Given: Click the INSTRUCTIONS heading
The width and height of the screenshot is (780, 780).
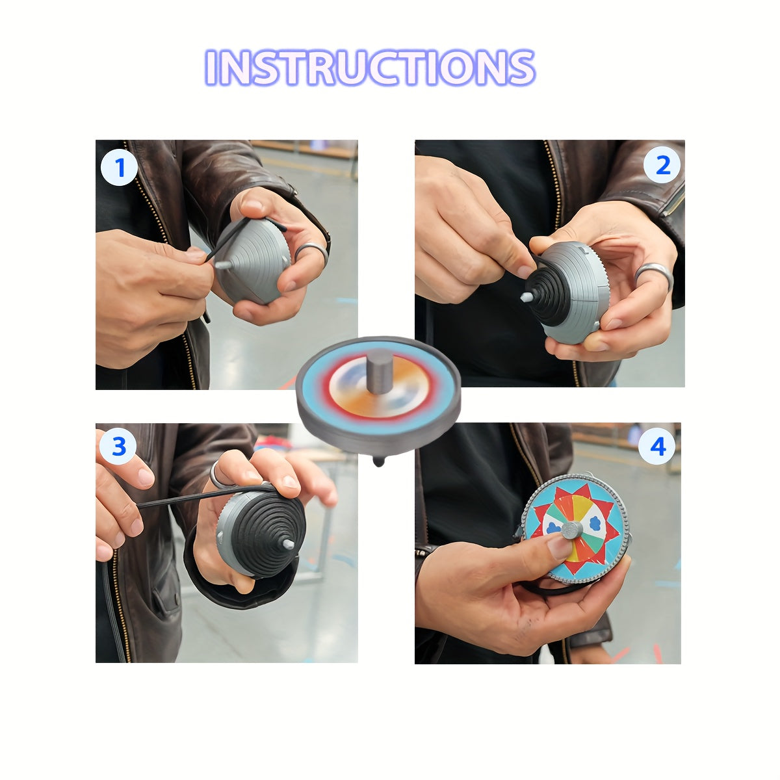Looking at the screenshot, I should (x=370, y=67).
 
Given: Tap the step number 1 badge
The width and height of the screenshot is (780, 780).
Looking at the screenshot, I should (x=119, y=168).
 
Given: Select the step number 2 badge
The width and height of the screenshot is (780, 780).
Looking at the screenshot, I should (x=662, y=166).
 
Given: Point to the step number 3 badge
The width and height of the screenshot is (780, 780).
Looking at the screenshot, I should (x=119, y=447).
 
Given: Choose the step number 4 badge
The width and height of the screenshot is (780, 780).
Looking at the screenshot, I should (x=658, y=447).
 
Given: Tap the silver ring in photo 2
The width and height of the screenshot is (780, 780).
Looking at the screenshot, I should (x=653, y=273).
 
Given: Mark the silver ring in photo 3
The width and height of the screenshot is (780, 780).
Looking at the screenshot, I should (x=216, y=476).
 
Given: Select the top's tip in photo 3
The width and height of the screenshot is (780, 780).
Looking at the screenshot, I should (x=287, y=543).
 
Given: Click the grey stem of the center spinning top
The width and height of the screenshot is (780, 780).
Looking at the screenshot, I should (x=379, y=370).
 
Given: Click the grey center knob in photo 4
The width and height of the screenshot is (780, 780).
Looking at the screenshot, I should (x=572, y=530).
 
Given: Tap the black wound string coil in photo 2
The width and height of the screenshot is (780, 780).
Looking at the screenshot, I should (x=546, y=296).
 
